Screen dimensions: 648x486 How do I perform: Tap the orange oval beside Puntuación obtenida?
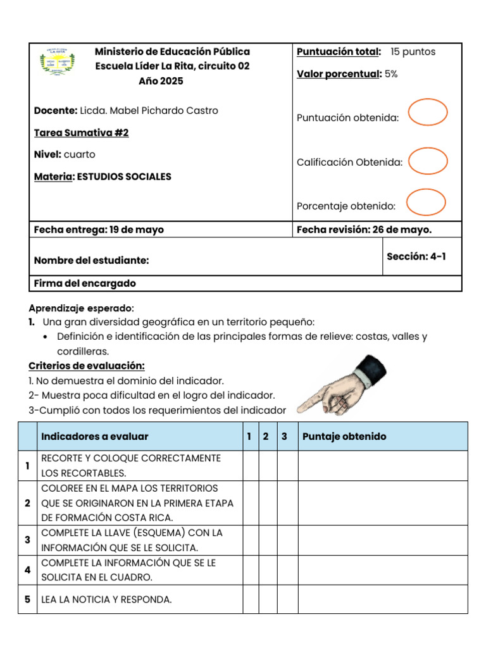click(428, 113)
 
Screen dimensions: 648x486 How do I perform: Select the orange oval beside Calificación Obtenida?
click(428, 161)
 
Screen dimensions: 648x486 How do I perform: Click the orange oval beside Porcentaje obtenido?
click(426, 202)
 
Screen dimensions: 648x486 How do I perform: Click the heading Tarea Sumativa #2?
click(81, 133)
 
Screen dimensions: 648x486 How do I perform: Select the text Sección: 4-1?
click(416, 256)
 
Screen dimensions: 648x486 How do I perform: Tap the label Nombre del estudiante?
click(91, 260)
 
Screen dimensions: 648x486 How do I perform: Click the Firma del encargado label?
click(85, 283)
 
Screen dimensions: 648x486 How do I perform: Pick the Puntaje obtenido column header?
click(344, 437)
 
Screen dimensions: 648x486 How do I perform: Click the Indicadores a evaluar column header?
click(94, 437)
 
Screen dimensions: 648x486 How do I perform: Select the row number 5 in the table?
click(27, 599)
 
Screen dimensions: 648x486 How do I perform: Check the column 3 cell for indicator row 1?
click(287, 466)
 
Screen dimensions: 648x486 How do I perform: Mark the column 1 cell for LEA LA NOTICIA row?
click(251, 599)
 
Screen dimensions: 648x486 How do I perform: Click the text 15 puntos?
click(413, 52)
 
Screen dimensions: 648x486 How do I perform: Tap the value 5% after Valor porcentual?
click(390, 74)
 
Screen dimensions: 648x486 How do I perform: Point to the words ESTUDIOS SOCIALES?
click(123, 177)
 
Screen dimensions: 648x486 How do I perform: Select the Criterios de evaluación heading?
click(87, 366)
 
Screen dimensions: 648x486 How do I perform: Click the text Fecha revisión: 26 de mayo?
click(364, 230)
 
